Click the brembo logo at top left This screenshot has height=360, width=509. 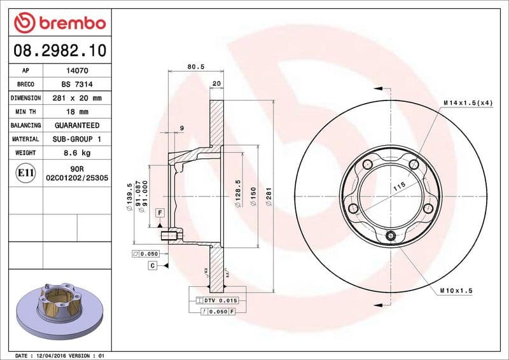[x=59, y=24]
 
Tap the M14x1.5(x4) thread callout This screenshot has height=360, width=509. [x=468, y=102]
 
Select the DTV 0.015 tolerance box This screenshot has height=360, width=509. [x=218, y=300]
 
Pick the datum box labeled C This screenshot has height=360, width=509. [x=153, y=265]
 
